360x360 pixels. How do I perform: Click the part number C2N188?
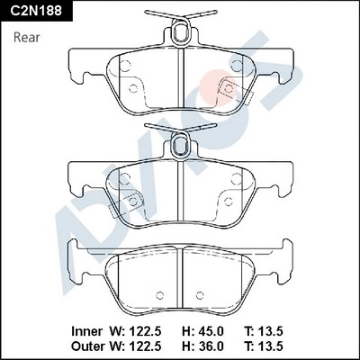point(38,11)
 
